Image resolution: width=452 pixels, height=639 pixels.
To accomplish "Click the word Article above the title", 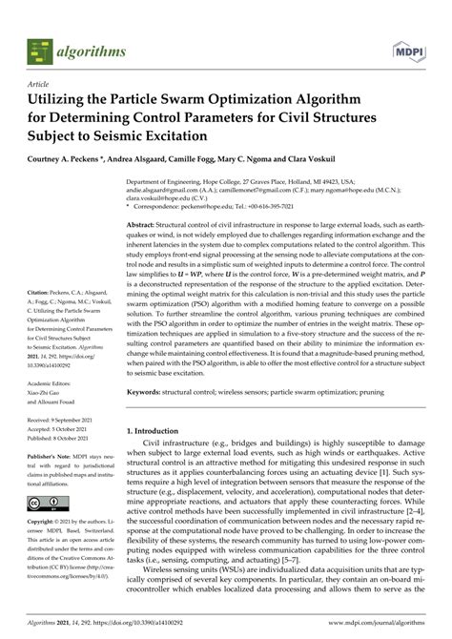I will (x=39, y=84).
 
